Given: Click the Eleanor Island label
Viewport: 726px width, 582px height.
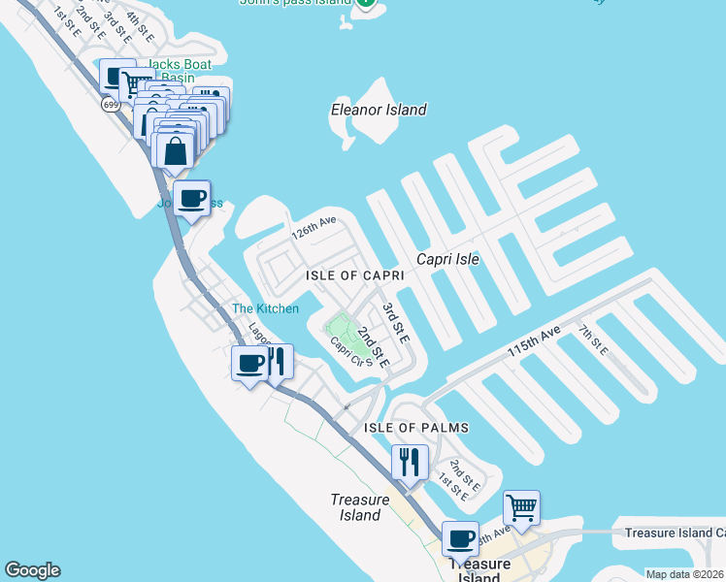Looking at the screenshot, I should [x=379, y=110].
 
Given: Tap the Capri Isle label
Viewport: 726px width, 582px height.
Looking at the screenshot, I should [x=447, y=259].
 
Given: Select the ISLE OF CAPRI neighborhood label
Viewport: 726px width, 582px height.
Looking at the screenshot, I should [x=354, y=275].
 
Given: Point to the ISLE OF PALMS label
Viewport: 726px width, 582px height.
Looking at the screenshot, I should [x=416, y=428].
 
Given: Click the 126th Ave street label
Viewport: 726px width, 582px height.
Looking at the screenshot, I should [x=313, y=229].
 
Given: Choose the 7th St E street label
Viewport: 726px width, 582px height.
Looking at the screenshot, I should [x=592, y=340].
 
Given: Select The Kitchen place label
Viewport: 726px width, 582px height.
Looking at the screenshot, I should [x=265, y=309].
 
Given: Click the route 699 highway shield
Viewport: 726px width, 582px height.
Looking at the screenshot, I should [x=114, y=104].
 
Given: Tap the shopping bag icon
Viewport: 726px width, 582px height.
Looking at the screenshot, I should [x=175, y=151].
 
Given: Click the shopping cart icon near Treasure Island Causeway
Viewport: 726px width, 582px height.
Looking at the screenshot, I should [x=521, y=507].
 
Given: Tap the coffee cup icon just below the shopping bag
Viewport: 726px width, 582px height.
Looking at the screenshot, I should [x=192, y=199].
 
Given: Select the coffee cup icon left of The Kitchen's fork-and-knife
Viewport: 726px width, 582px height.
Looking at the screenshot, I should [x=249, y=364].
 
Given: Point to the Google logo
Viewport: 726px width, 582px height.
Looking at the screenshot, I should [x=32, y=570].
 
